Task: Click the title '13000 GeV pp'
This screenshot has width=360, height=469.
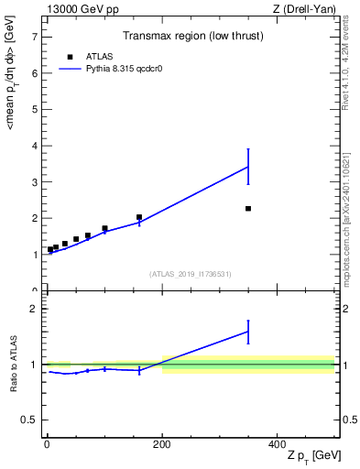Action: pos(81,8)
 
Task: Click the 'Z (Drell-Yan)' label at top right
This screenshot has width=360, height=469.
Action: pos(304,8)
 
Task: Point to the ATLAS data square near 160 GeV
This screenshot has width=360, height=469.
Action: pos(139,218)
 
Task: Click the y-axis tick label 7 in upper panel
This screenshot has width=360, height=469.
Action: pos(35,38)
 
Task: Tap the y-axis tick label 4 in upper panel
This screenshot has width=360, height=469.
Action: pos(35,147)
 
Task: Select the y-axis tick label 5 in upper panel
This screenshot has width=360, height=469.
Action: pos(35,110)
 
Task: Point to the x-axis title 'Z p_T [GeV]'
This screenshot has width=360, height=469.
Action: pos(311,456)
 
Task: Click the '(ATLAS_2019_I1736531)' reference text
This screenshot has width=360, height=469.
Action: pos(191,274)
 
